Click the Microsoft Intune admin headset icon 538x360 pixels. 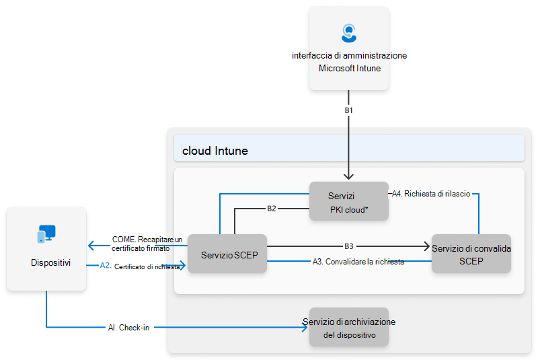[x=348, y=33]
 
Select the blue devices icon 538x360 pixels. [x=46, y=234]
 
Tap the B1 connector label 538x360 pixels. [x=348, y=108]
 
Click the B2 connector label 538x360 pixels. [x=272, y=209]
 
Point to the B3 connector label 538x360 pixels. [x=348, y=246]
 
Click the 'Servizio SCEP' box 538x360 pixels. [x=227, y=254]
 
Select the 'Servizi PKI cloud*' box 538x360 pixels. [x=348, y=201]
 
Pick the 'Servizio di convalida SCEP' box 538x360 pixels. [x=471, y=254]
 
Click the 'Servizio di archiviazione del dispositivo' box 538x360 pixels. [x=348, y=328]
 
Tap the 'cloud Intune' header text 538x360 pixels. [x=215, y=151]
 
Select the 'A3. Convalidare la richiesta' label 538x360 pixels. [x=358, y=262]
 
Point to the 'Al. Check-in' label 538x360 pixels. [x=128, y=328]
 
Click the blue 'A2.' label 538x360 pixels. [x=105, y=266]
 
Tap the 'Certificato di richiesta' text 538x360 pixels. [x=147, y=266]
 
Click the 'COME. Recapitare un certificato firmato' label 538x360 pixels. [x=147, y=243]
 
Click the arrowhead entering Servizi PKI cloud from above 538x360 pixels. [x=348, y=177]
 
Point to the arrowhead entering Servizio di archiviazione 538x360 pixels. [x=305, y=328]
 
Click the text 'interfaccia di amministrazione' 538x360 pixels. [x=349, y=56]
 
